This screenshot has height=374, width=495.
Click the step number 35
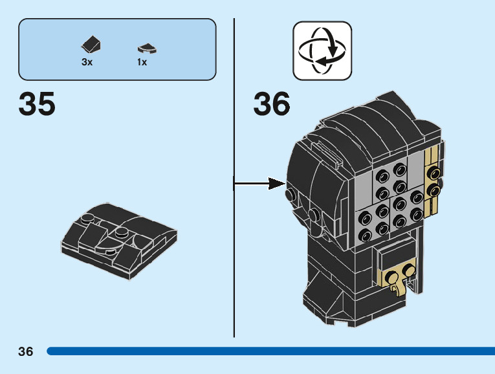[x=37, y=103]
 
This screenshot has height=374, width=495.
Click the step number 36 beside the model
[x=272, y=103]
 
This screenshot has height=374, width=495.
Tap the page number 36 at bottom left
[x=26, y=351]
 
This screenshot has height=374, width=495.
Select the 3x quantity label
[x=87, y=62]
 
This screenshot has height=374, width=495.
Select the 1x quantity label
[x=142, y=62]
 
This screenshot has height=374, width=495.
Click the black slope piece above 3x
[x=91, y=44]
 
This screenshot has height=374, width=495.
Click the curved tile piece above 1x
[x=147, y=49]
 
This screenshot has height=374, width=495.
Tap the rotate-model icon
[x=322, y=50]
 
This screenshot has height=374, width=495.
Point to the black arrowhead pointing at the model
[x=276, y=183]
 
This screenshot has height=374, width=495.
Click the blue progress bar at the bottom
[x=271, y=351]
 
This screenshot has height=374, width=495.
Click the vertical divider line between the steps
[x=234, y=178]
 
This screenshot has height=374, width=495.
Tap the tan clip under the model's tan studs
[x=398, y=288]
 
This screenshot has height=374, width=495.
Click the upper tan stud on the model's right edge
[x=434, y=173]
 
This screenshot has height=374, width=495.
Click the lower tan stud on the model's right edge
[x=434, y=190]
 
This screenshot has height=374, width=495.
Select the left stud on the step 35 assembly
[x=88, y=219]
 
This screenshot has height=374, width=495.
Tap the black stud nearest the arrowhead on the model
[x=291, y=195]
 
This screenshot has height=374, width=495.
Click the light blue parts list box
[x=117, y=49]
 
